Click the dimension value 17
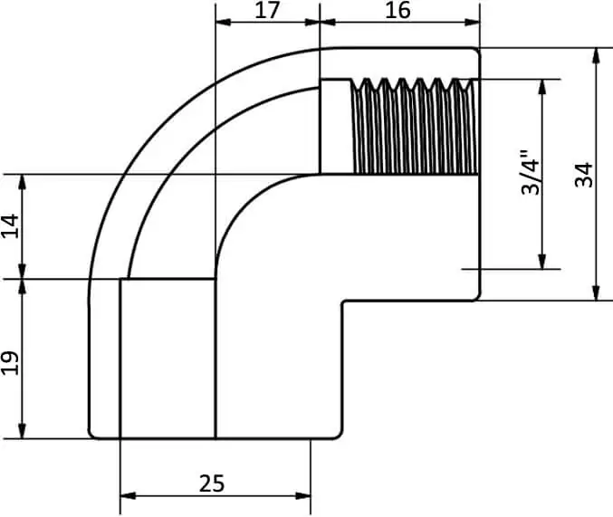[267, 10]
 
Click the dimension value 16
[397, 10]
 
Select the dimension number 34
[584, 175]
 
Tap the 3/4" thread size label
[531, 172]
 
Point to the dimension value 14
[10, 226]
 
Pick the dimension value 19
[10, 363]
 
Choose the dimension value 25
[212, 483]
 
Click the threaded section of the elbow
[415, 126]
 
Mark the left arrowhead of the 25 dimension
[128, 496]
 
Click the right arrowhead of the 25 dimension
[303, 496]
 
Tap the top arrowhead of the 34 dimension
[596, 55]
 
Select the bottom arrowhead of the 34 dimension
[596, 293]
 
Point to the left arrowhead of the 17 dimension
[224, 22]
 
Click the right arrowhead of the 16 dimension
[472, 22]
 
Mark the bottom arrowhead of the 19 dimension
[23, 431]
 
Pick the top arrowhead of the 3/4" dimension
[541, 87]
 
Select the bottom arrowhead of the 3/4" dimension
[541, 262]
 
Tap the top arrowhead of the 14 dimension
[23, 182]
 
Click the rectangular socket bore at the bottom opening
[168, 359]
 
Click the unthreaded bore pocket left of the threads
[336, 127]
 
